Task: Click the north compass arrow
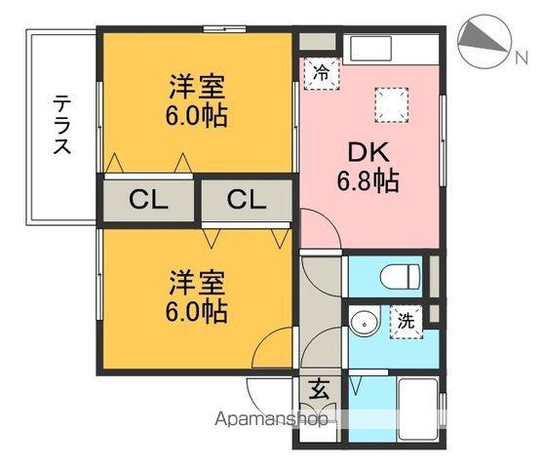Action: [482, 39]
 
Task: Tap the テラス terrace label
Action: [61, 125]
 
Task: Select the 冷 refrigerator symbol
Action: [320, 72]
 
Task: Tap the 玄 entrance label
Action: [319, 388]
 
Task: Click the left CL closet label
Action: [149, 201]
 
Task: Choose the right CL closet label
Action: [247, 201]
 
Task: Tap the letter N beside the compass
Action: [522, 58]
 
